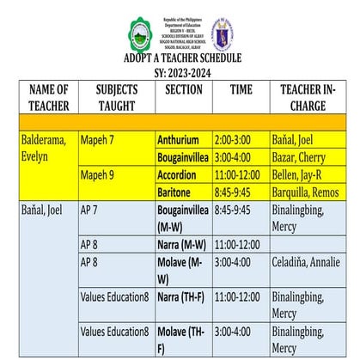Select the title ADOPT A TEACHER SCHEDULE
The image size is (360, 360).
pyautogui.click(x=182, y=58)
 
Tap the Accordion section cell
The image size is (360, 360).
pyautogui.click(x=178, y=174)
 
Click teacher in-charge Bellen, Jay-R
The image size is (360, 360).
pyautogui.click(x=301, y=174)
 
